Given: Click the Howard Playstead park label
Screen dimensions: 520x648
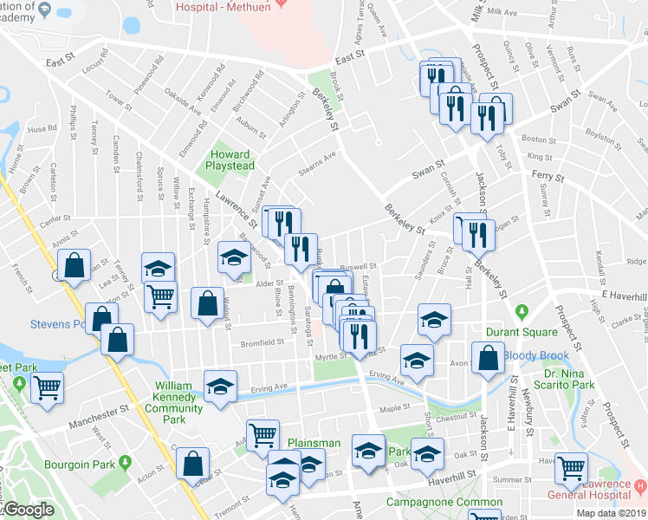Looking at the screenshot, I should click(230, 159).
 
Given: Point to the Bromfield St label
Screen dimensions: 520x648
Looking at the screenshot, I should click(262, 342).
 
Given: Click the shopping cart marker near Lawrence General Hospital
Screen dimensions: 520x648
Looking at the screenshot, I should click(572, 469).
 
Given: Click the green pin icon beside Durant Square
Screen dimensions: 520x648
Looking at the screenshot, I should click(521, 311).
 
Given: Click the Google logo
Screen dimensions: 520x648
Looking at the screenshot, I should click(29, 510).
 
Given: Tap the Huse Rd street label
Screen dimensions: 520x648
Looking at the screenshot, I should click(42, 129).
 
